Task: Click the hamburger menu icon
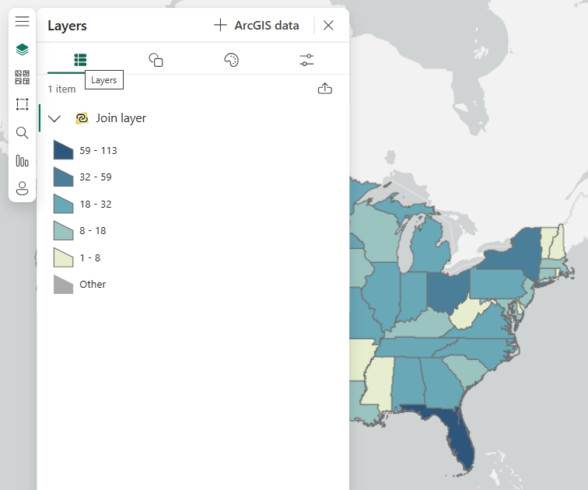point(22,21)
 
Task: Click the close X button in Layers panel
point(328,26)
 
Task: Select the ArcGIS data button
point(257,26)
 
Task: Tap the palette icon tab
point(231,60)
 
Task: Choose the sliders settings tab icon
point(306,60)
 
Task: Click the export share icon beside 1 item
point(325,89)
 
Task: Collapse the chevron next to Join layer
point(54,118)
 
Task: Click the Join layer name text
point(121,118)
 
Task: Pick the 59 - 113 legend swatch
point(63,150)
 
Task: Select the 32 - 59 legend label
point(96,177)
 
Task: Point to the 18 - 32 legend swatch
point(63,204)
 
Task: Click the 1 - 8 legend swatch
point(63,257)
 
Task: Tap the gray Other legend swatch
point(63,285)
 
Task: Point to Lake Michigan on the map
point(404,249)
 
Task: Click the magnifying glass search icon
point(22,133)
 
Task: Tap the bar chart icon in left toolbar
point(22,161)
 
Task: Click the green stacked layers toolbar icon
point(22,50)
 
